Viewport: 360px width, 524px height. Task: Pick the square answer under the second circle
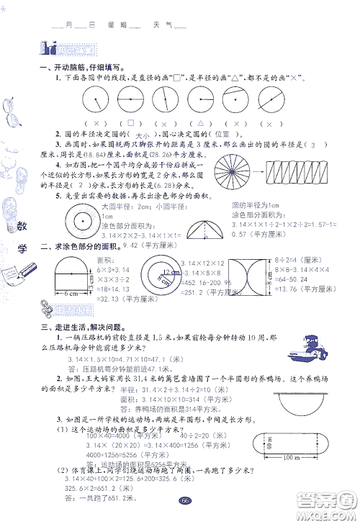click(x=131, y=123)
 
